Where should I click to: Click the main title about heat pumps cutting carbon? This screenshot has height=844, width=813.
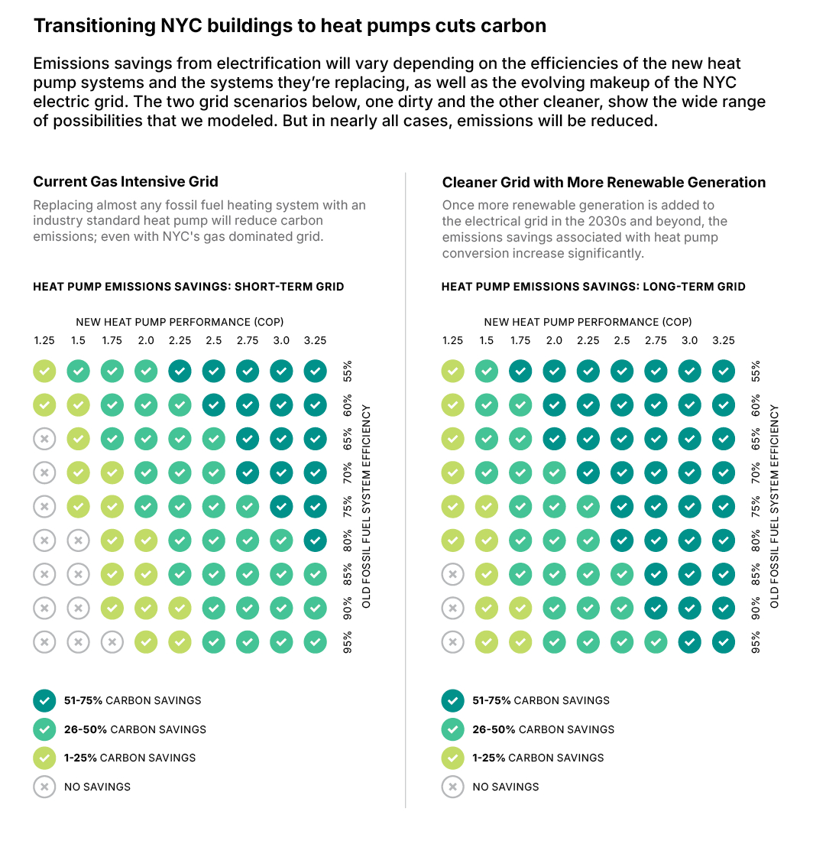tap(290, 26)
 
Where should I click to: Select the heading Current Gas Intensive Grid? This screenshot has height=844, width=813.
tap(125, 182)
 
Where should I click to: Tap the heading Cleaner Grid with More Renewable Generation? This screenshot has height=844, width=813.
tap(604, 183)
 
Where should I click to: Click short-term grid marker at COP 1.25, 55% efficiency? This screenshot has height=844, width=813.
tap(44, 372)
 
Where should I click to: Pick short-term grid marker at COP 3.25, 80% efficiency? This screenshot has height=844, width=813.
tap(315, 540)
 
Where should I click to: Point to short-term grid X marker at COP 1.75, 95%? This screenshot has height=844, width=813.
tap(112, 641)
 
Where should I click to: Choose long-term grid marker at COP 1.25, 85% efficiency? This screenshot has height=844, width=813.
tap(453, 574)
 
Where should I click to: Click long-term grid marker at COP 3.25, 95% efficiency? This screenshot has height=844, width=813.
tap(723, 641)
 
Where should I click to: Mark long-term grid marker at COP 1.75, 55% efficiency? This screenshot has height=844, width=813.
tap(520, 372)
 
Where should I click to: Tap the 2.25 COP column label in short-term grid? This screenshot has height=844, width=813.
tap(180, 341)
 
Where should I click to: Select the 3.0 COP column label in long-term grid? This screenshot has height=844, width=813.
tap(689, 341)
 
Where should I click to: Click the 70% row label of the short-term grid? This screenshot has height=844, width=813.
tap(348, 473)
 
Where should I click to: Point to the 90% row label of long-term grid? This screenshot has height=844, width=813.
tap(756, 608)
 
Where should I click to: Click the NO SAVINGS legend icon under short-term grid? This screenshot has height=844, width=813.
tap(44, 787)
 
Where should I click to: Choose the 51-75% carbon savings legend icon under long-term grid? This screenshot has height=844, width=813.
tap(453, 700)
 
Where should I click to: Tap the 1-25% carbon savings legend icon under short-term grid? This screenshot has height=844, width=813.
tap(44, 758)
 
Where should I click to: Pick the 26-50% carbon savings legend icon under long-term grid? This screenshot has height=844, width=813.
tap(453, 729)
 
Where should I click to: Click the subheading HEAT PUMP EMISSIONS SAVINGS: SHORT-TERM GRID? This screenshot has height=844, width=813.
tap(189, 287)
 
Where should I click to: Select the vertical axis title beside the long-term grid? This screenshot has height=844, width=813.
tap(775, 506)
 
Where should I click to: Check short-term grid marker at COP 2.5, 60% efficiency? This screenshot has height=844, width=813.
tap(213, 405)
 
